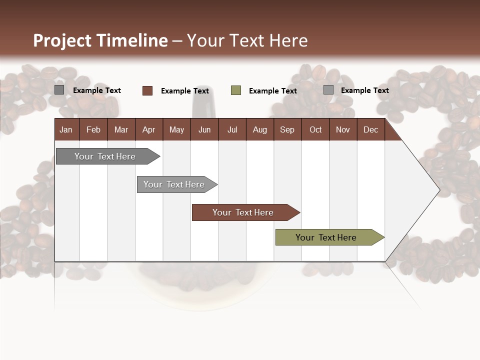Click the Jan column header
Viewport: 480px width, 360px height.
66,129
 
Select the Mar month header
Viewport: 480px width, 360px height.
121,129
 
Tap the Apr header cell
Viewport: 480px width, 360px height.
148,129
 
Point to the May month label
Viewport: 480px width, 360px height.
176,129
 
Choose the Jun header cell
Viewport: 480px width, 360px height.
204,129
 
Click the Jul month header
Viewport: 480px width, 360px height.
232,129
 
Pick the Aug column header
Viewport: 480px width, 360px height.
260,129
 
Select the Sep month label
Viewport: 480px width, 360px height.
287,129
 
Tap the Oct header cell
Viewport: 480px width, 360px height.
315,129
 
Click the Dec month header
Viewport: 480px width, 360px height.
370,129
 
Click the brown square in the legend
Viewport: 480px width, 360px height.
147,90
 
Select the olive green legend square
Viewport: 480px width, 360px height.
236,90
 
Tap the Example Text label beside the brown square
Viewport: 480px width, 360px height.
185,91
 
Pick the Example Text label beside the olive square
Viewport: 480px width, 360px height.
273,91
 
